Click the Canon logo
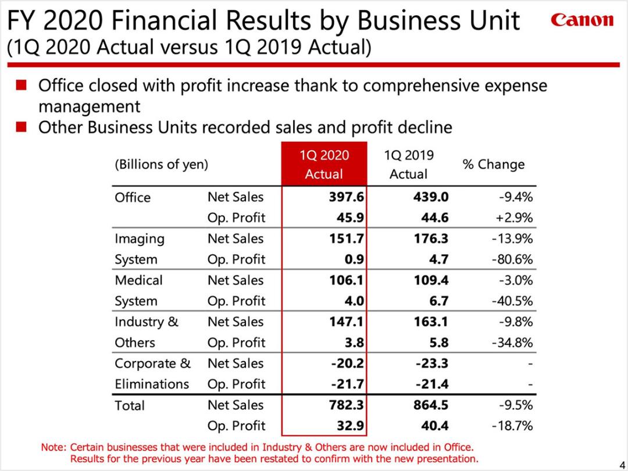pos(582,19)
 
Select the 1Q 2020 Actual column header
pos(324,164)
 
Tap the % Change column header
pos(494,164)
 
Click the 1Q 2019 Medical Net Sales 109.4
pos(431,280)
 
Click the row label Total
pos(130,406)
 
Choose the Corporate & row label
pos(152,363)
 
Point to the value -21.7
pos(347,384)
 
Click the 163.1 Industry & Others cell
pos(431,322)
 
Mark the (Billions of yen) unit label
pos(162,165)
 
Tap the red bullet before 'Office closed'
pos(21,85)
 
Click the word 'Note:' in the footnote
pos(53,447)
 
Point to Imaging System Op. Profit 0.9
pos(354,259)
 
